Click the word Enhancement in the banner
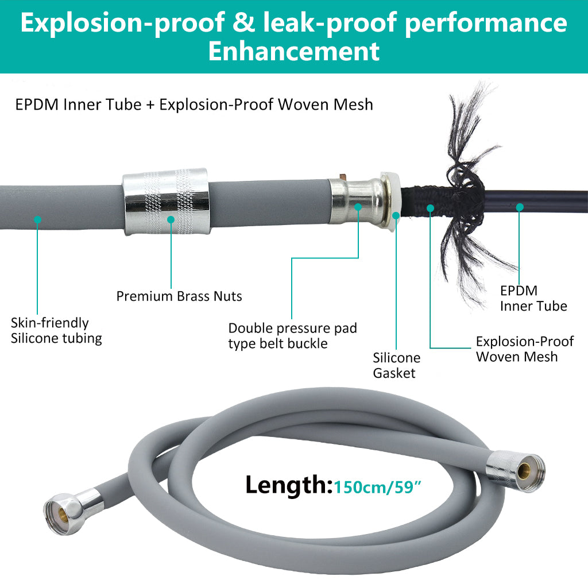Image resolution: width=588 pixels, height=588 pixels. (293, 51)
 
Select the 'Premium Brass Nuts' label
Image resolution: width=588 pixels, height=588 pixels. (179, 296)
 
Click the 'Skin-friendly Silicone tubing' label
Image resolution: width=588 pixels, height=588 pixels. (56, 331)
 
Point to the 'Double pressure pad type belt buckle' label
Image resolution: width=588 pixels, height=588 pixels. (292, 336)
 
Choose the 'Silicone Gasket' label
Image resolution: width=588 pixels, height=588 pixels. (396, 365)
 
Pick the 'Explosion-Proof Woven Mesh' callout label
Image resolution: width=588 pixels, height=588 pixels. (524, 349)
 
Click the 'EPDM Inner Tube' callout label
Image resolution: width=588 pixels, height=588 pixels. (533, 299)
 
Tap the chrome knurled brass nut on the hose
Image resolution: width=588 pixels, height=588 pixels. (165, 202)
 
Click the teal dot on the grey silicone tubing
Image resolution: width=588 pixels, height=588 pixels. (37, 219)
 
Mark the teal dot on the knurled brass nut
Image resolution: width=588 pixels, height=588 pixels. (171, 219)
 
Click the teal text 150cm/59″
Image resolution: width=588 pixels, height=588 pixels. (379, 488)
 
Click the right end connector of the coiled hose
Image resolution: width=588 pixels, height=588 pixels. (515, 466)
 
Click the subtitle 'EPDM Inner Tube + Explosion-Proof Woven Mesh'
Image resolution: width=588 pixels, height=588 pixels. (195, 105)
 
